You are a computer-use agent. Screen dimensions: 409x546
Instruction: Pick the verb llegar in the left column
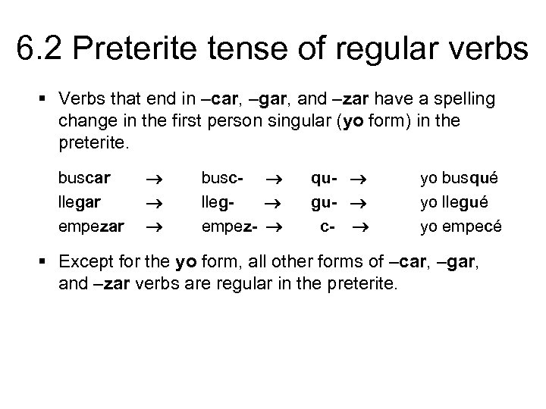(x=81, y=201)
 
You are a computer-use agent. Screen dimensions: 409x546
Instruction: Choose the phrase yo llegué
(x=458, y=201)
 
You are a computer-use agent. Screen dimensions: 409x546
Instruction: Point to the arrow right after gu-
(x=359, y=202)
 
